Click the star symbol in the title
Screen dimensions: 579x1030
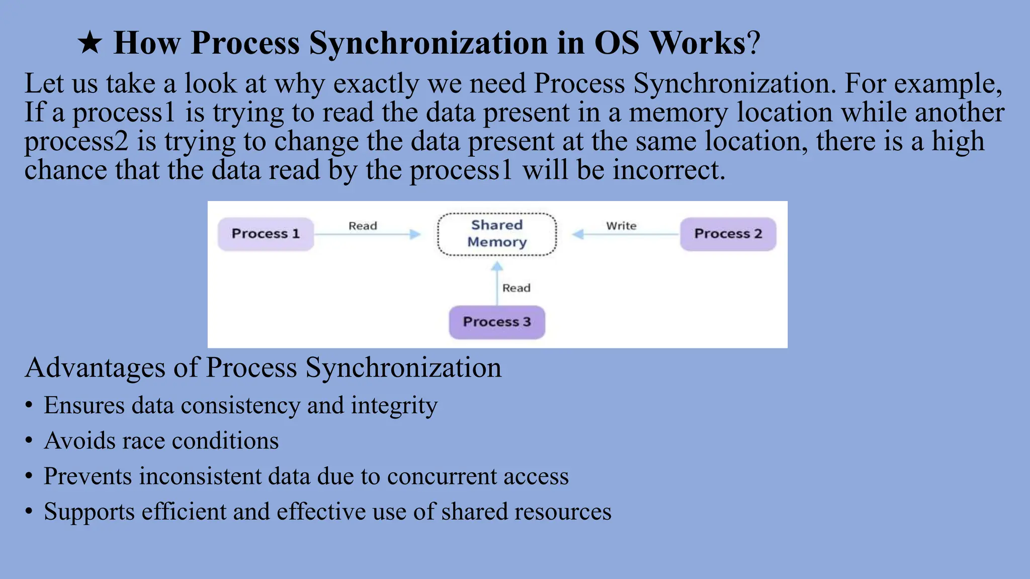point(90,43)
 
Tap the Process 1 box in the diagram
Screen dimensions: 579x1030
point(266,234)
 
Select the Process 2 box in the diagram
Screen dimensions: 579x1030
point(728,234)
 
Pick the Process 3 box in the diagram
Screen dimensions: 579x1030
point(497,322)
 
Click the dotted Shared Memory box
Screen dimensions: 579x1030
point(497,234)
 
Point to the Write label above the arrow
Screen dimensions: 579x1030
point(621,226)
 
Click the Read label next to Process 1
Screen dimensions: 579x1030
point(363,226)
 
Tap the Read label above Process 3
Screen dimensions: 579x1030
point(517,288)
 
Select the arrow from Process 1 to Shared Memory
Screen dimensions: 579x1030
point(367,235)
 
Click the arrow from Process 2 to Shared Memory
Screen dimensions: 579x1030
point(626,235)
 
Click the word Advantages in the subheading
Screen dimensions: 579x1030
point(95,367)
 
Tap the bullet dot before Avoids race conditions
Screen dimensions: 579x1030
point(29,441)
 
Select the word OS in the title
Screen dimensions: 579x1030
point(617,43)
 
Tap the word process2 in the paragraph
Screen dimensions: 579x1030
point(76,142)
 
